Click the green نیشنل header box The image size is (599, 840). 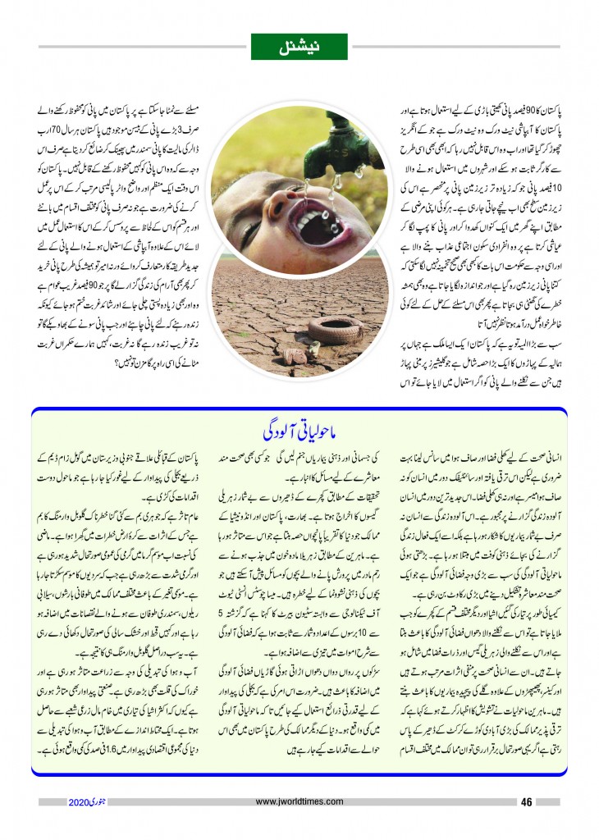tap(299, 46)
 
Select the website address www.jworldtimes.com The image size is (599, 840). tap(299, 801)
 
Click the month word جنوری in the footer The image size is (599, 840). tap(103, 801)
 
